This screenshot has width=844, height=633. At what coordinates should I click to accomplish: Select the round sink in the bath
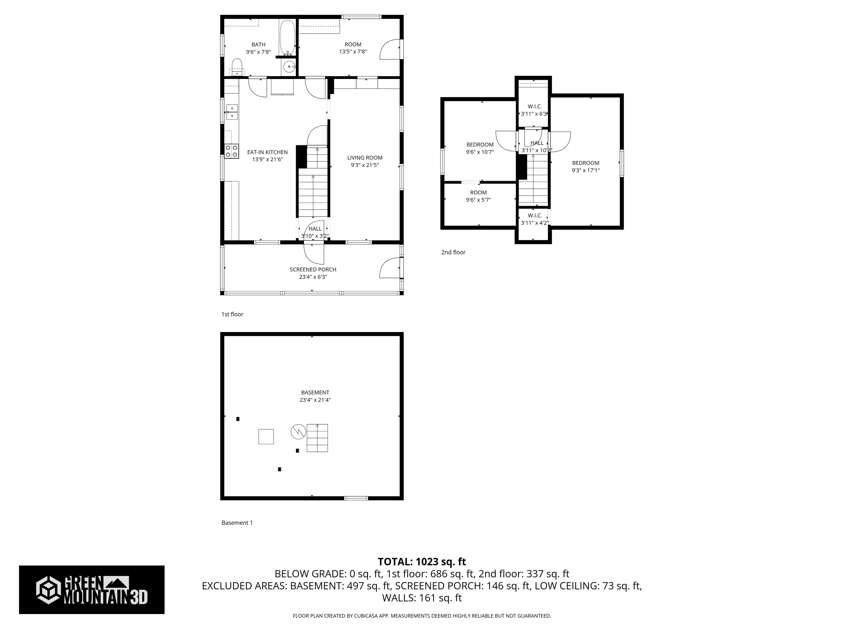click(290, 67)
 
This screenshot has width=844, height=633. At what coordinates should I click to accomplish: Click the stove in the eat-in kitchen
click(231, 151)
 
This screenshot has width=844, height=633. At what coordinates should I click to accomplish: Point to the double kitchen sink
click(232, 112)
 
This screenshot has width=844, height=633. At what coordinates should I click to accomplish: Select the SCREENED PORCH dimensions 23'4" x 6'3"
click(313, 277)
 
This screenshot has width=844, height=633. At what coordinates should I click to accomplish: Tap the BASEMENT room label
click(315, 392)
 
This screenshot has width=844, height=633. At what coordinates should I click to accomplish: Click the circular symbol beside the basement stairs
click(298, 432)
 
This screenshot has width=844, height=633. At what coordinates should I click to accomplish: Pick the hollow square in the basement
click(266, 437)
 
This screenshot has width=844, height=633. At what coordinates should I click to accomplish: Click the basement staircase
click(317, 438)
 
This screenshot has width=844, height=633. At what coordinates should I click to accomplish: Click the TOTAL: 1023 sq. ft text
click(422, 562)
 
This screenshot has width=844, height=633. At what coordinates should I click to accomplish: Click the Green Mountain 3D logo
click(91, 590)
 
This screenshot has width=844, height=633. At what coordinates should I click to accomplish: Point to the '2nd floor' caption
click(453, 252)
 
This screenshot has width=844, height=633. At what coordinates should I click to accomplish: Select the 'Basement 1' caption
click(237, 523)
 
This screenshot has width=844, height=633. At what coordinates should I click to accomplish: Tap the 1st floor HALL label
click(315, 229)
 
